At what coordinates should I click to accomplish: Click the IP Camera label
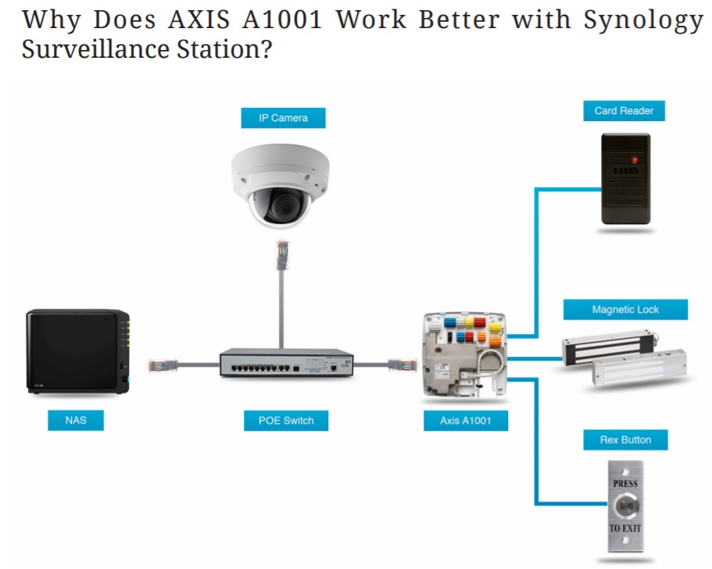click(x=283, y=118)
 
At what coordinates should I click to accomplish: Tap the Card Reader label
click(x=624, y=111)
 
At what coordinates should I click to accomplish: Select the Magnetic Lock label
click(x=625, y=310)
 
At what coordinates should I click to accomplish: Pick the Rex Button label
click(x=625, y=439)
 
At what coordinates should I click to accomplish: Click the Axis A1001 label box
click(x=466, y=421)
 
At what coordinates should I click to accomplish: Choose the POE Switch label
click(x=286, y=421)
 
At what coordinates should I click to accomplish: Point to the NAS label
click(x=76, y=420)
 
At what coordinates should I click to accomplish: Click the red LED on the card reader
click(x=635, y=160)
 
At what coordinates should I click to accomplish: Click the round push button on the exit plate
click(x=626, y=506)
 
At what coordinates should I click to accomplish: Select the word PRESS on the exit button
click(x=625, y=483)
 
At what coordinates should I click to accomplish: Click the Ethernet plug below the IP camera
click(x=282, y=254)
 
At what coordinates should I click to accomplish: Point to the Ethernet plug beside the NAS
click(x=163, y=365)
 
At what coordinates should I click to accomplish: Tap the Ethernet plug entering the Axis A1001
click(x=403, y=365)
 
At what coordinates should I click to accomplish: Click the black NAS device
click(x=78, y=351)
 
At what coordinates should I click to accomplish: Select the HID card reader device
click(x=626, y=179)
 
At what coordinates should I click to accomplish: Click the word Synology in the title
click(x=643, y=20)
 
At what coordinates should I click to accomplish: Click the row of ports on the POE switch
click(x=260, y=368)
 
